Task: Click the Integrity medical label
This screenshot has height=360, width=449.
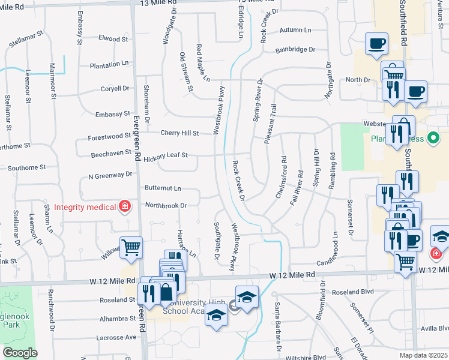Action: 85,207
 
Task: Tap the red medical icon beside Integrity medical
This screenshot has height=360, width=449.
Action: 125,207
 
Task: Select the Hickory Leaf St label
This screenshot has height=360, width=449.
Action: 166,155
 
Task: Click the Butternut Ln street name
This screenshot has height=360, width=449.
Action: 163,188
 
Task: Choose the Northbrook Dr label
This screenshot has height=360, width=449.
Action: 166,205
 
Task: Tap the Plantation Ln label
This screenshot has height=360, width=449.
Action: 109,64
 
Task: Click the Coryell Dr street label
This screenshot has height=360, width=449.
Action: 115,88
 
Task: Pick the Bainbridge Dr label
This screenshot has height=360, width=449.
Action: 295,50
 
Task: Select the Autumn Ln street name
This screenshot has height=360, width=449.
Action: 295,29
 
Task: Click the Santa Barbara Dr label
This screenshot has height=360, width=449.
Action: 279,326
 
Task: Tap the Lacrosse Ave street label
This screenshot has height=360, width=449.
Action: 116,338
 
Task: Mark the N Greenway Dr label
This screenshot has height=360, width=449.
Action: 109,176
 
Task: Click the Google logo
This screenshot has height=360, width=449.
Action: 20,353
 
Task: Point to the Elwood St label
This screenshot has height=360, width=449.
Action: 113,39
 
